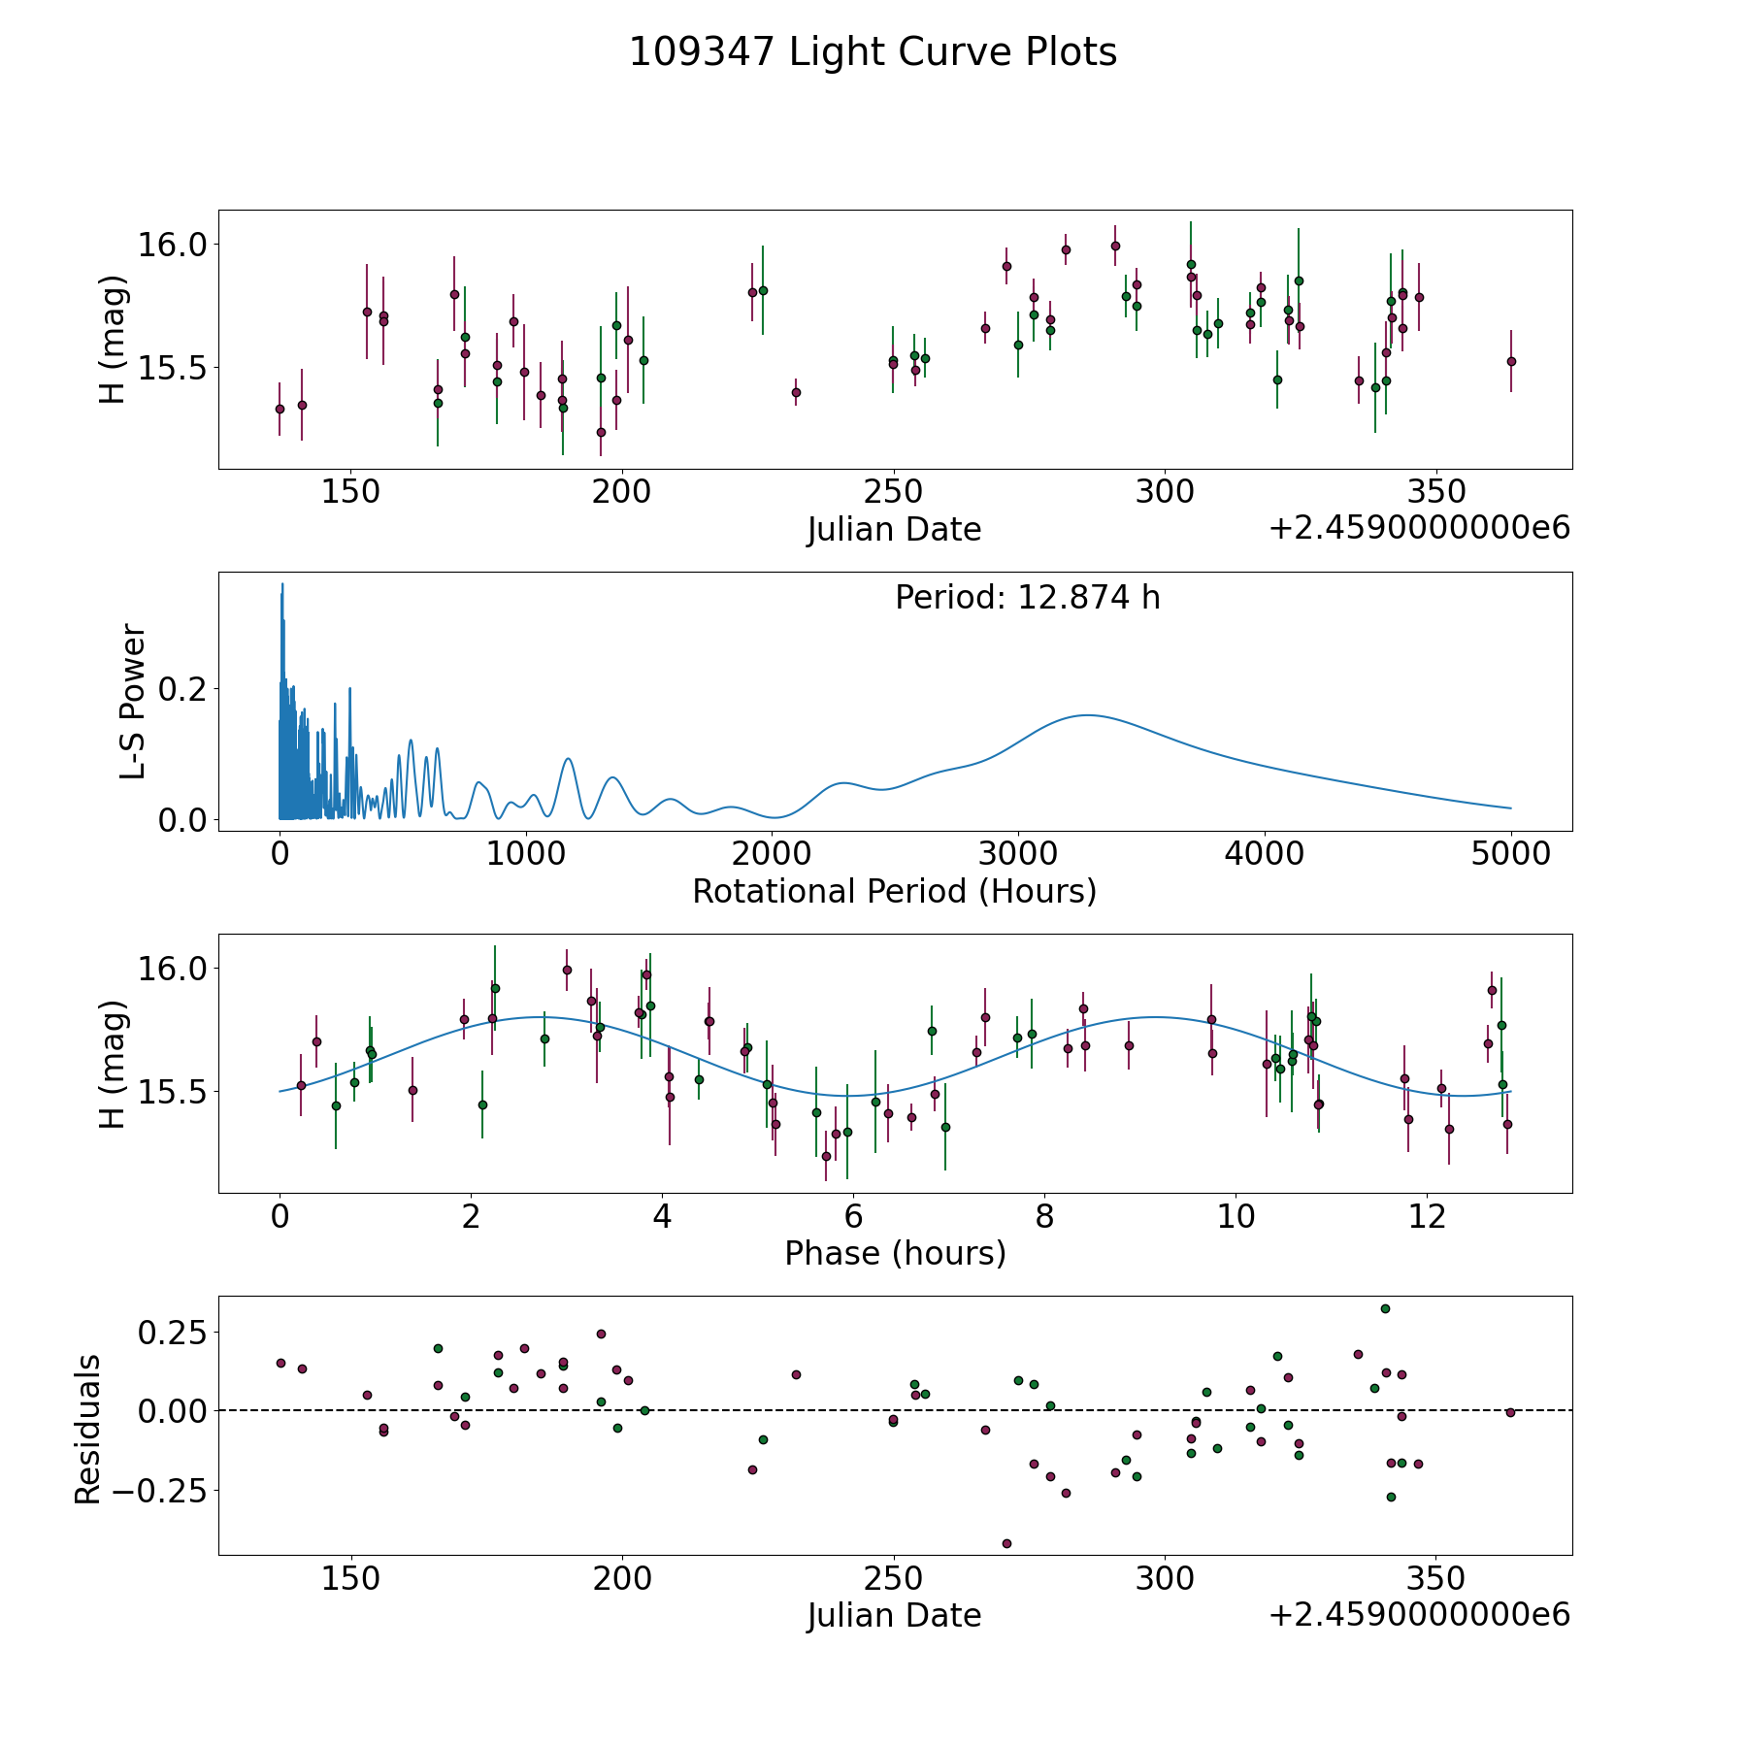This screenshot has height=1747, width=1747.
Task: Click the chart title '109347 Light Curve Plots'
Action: point(873,52)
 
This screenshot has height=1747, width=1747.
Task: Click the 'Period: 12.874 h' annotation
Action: point(1027,598)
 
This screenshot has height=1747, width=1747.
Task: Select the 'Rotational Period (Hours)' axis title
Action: point(894,891)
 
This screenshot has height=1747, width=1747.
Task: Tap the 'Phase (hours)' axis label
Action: point(895,1253)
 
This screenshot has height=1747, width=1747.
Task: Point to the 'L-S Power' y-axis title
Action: point(133,702)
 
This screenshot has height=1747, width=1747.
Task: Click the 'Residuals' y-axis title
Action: point(88,1430)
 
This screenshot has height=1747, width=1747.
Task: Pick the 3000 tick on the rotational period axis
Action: point(1017,854)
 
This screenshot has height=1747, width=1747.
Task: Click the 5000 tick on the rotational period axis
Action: point(1510,854)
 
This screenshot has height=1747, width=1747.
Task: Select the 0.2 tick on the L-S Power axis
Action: point(183,689)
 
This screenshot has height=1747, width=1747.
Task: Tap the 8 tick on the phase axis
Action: point(1044,1216)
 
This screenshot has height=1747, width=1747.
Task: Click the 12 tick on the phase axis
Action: point(1427,1216)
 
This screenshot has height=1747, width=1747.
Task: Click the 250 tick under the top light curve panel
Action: point(893,492)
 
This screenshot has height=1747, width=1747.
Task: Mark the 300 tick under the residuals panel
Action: point(1165,1579)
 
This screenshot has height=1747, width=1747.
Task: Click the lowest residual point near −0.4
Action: point(1006,1543)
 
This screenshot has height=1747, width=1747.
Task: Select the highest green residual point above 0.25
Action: point(1385,1308)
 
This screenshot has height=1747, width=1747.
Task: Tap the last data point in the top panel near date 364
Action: point(1510,361)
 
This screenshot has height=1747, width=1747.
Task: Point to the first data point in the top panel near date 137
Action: point(280,409)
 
